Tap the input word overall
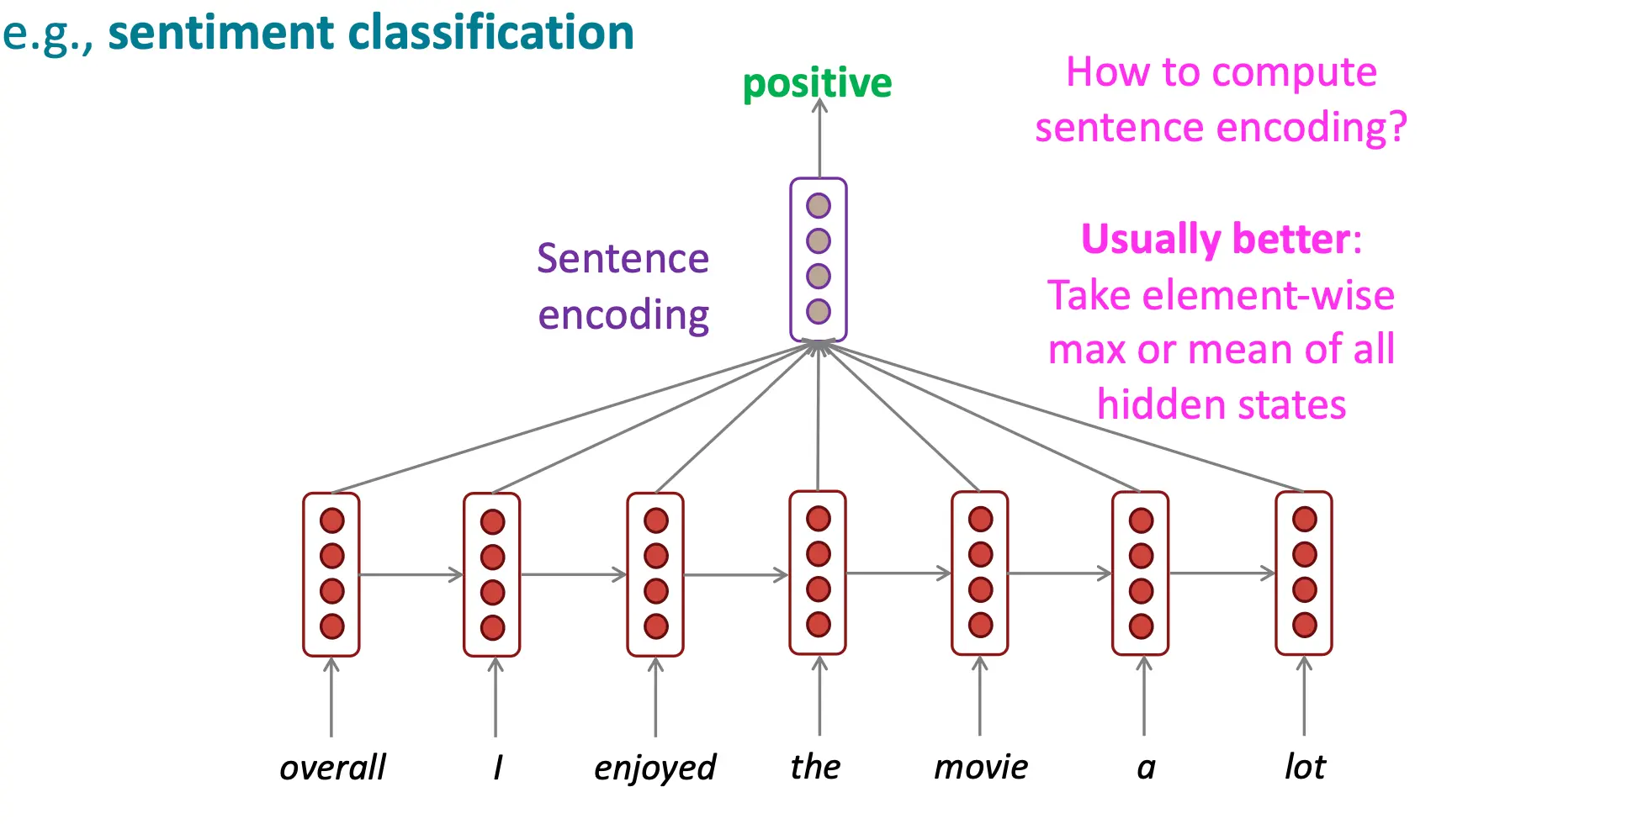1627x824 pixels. tap(332, 767)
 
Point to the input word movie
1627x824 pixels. tap(981, 767)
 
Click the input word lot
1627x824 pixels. tap(1305, 767)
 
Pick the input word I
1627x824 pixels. tap(498, 767)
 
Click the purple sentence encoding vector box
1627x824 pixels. tap(819, 259)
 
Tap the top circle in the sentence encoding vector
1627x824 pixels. tap(819, 205)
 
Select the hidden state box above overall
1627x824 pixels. tap(331, 574)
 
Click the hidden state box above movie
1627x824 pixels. tap(980, 573)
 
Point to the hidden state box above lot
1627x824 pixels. tap(1304, 573)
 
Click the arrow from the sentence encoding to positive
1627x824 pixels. tap(819, 138)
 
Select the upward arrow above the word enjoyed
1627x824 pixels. tap(655, 697)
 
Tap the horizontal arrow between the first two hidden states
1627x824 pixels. tap(411, 575)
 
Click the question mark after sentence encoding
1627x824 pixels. tap(1397, 127)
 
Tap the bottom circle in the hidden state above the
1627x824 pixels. tap(819, 625)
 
